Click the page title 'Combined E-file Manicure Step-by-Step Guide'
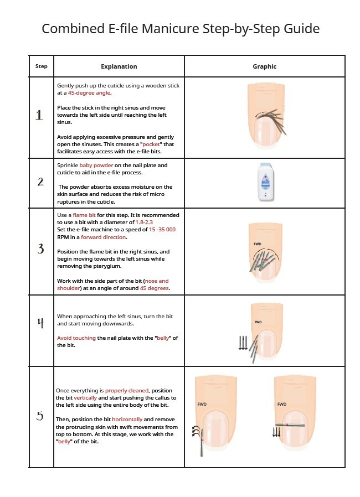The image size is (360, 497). pos(181,28)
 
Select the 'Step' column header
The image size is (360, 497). pos(42,66)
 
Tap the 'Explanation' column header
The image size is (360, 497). pos(119,66)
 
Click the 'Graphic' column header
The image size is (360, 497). pos(264,66)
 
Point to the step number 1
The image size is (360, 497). pos(39,115)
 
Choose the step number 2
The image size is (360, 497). pos(40,182)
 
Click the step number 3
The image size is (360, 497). pos(40,249)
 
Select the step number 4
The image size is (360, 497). pos(40,323)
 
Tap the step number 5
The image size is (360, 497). pos(40,416)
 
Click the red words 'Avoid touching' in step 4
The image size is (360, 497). pos(76,338)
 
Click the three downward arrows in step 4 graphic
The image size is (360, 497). pos(243,343)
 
